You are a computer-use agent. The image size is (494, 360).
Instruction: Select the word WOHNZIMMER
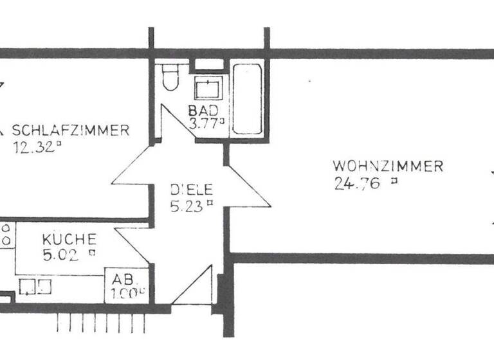pos(388,166)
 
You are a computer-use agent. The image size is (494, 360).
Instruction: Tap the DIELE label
pos(191,191)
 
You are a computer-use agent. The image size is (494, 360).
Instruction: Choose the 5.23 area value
pos(187,206)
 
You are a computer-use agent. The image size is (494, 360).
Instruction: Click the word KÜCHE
pos(69,239)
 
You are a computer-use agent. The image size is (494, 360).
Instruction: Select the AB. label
pos(123,280)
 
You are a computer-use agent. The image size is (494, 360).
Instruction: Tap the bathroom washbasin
pos(208,87)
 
